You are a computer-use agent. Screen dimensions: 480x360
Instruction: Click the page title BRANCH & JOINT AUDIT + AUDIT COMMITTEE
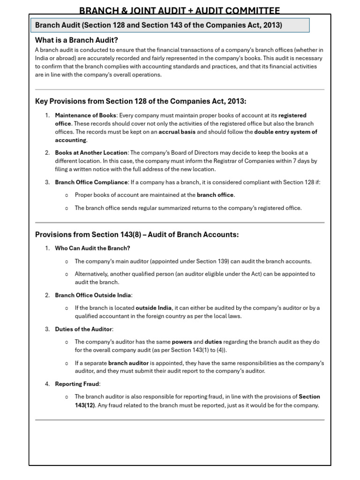(180, 10)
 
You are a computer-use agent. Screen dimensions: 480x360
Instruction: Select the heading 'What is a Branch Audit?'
(76, 40)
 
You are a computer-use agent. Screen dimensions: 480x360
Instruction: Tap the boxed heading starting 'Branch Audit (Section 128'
(159, 25)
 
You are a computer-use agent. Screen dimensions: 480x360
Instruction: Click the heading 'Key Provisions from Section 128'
(141, 101)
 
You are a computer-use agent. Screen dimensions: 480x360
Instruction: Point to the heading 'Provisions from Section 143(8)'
(137, 234)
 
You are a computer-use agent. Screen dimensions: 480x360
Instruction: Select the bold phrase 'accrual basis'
(177, 132)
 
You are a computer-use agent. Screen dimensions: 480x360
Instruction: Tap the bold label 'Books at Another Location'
(91, 153)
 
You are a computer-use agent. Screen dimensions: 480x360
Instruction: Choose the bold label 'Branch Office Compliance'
(91, 182)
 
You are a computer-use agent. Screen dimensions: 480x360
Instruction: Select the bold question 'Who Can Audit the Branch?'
(92, 248)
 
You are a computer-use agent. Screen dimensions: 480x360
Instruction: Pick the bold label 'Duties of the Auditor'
(84, 329)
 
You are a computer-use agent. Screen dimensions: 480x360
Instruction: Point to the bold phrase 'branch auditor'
(128, 363)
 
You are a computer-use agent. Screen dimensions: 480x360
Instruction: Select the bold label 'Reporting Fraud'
(77, 384)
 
